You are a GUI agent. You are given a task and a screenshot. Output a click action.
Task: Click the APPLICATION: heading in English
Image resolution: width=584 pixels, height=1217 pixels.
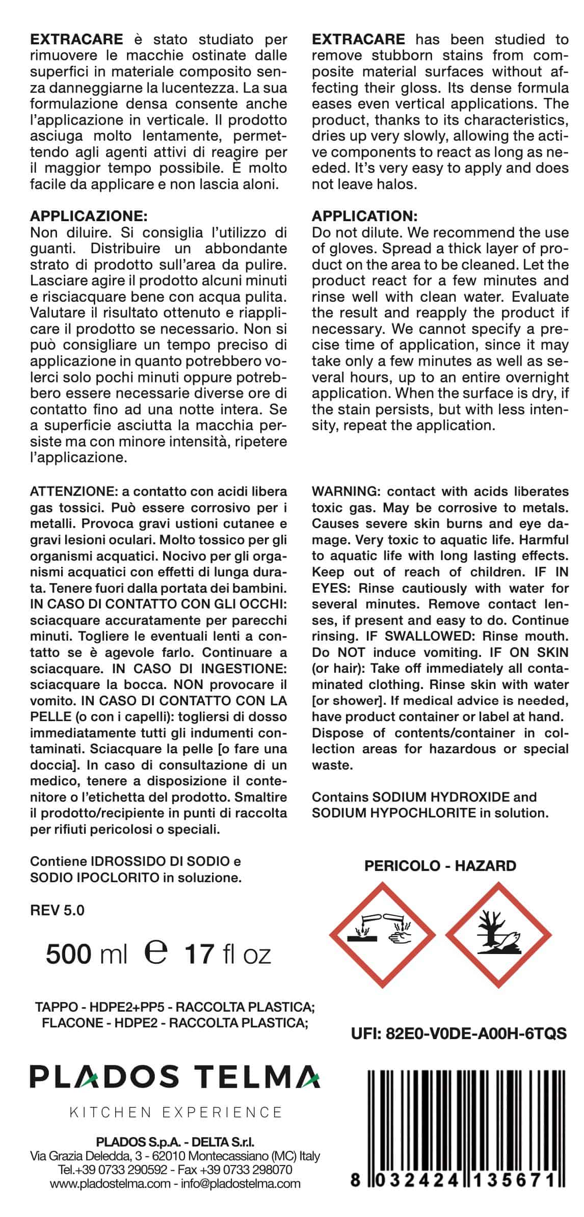pyautogui.click(x=364, y=216)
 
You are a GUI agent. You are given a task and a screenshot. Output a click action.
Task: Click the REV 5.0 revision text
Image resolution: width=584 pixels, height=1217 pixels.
pyautogui.click(x=57, y=910)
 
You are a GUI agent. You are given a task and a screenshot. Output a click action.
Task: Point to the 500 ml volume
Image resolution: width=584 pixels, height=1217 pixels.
pyautogui.click(x=86, y=954)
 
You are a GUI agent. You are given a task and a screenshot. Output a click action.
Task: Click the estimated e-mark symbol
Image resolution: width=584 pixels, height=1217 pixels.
pyautogui.click(x=156, y=952)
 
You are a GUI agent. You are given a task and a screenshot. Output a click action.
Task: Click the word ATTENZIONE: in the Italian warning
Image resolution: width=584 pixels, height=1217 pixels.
pyautogui.click(x=74, y=492)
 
